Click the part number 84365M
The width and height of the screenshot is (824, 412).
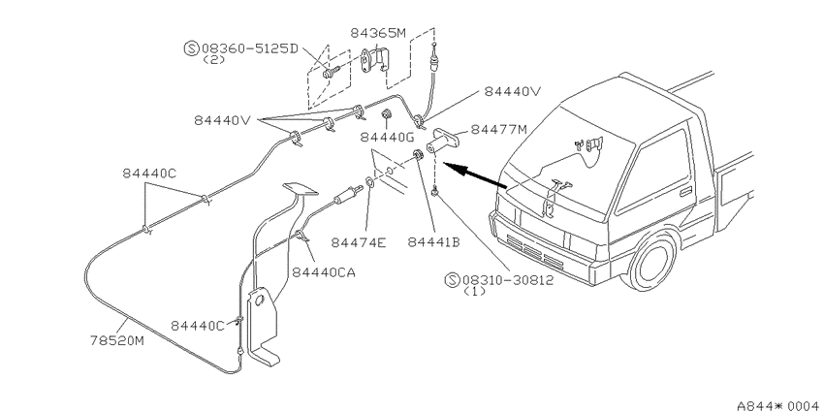pos(378,33)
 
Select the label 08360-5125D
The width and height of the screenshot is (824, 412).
pos(249,48)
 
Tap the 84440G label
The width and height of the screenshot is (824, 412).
pos(388,137)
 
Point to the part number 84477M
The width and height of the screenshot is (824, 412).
pos(498,129)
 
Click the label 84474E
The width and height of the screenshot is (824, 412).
pos(359,242)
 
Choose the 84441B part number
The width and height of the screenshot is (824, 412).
pos(433,242)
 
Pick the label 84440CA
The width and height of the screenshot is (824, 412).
pos(324,272)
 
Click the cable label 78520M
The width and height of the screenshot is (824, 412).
pos(116,341)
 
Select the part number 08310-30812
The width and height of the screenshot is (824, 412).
pos(508,280)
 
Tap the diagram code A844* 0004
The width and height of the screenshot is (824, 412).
pos(779,405)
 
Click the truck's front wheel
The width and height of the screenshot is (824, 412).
pos(653,261)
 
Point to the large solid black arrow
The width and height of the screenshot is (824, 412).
pos(476,175)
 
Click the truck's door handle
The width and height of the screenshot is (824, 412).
pos(685,191)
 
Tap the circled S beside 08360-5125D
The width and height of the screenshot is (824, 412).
pos(191,48)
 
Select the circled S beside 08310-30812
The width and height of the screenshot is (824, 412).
pos(452,280)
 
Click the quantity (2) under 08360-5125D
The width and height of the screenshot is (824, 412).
pos(214,60)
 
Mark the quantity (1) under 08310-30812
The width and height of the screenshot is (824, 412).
pos(475,292)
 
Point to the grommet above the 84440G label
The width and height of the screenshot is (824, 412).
pos(388,114)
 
